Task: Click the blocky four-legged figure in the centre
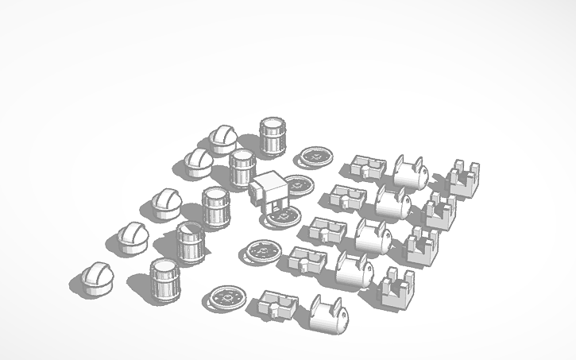click(x=269, y=192)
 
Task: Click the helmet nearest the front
click(x=98, y=278)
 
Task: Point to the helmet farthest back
click(x=223, y=139)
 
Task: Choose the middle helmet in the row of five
click(x=166, y=205)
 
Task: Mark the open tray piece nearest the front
click(x=278, y=306)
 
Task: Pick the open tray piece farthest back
click(x=369, y=166)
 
